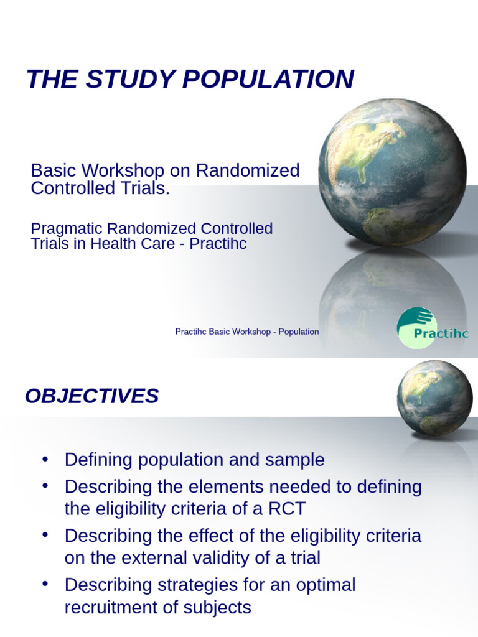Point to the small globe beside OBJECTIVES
434,398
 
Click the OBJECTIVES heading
91,396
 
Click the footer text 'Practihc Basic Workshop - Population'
247,332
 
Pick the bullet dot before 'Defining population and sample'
44,459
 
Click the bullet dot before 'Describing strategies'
44,584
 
